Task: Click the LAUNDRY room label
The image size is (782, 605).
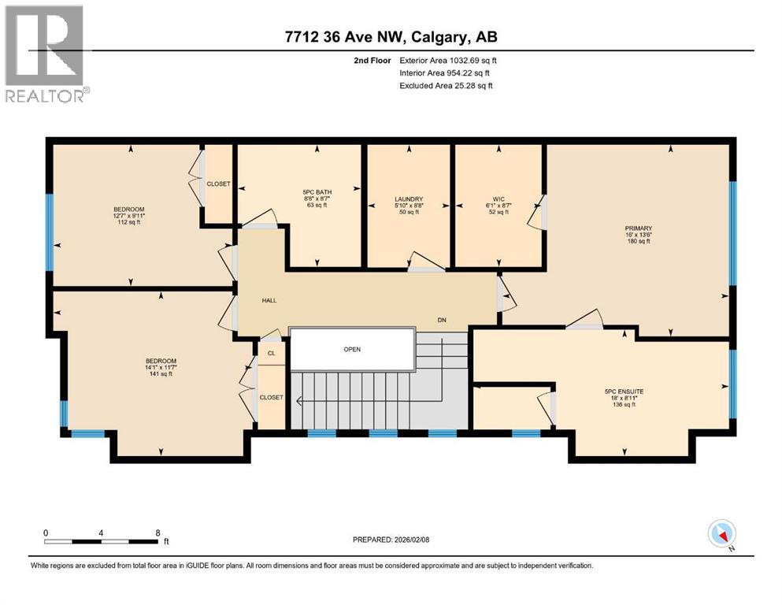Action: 409,199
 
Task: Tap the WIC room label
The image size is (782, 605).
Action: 498,199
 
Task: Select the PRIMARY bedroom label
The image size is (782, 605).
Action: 639,228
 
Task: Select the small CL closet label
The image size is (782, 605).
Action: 271,354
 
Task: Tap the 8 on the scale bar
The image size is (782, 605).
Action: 158,533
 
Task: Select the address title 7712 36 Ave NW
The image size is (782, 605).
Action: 391,36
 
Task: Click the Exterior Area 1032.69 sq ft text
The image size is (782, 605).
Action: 448,60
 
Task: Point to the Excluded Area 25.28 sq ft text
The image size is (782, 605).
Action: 446,85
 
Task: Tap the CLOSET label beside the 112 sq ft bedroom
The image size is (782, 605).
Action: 218,184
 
